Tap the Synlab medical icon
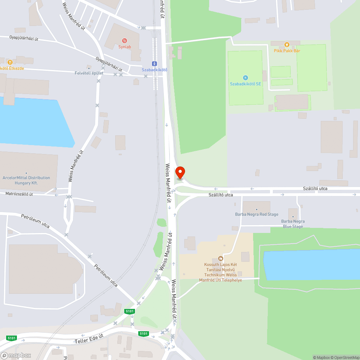125,41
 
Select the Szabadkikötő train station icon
154,63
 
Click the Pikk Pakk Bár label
287,51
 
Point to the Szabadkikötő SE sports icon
246,78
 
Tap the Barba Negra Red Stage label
257,214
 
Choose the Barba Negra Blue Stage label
293,224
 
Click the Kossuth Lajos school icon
221,258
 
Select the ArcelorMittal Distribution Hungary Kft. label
26,180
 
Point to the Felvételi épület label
89,73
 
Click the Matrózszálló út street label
19,194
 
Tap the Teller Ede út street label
89,338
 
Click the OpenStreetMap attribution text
346,357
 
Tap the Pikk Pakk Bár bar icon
287,45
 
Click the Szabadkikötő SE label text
246,84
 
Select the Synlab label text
125,47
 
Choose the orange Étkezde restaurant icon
10,62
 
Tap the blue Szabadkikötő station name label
154,69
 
